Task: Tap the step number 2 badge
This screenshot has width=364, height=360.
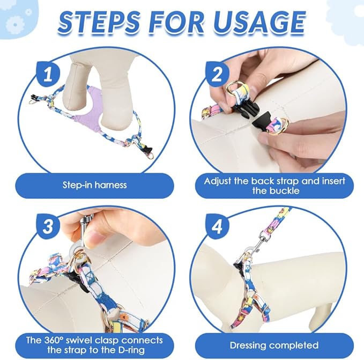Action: click(217, 74)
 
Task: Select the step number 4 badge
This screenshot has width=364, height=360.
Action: click(217, 226)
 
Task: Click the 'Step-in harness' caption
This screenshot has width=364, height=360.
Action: click(94, 185)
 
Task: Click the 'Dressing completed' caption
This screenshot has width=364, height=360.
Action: click(274, 345)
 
